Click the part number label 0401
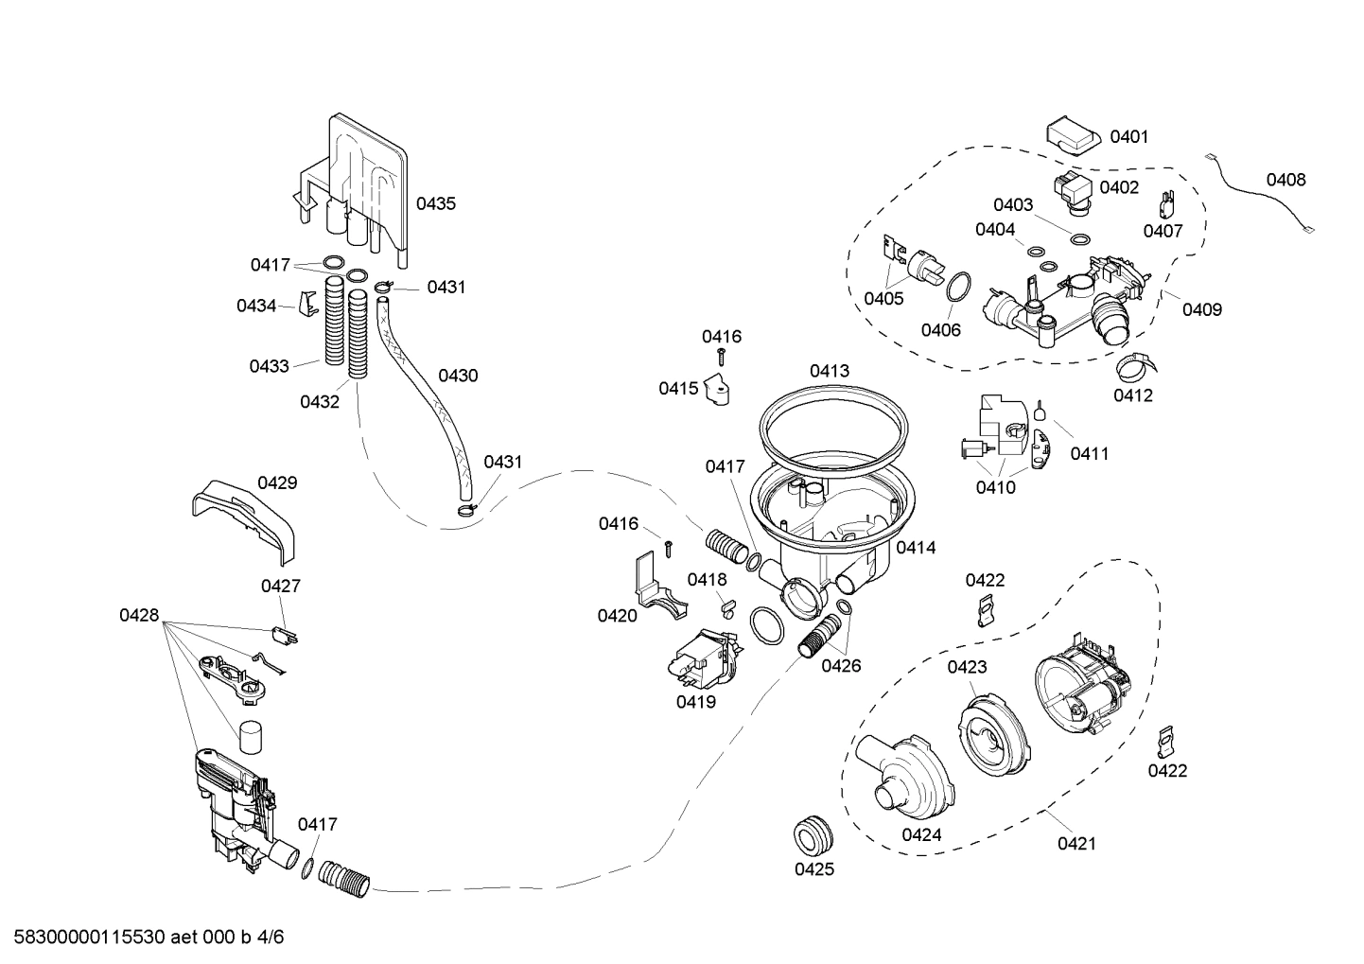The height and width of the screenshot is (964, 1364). point(1128,137)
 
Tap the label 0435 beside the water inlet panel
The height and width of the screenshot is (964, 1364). point(436,203)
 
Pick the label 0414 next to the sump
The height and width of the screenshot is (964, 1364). point(916,548)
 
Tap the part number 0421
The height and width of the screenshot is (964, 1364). point(1076,843)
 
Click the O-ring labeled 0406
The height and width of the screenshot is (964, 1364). point(957,287)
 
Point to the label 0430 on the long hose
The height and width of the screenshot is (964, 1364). point(458,376)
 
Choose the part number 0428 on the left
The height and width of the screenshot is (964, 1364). point(139,616)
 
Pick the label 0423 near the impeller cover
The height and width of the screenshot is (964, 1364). point(967,667)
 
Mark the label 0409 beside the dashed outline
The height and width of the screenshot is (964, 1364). point(1201,309)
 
